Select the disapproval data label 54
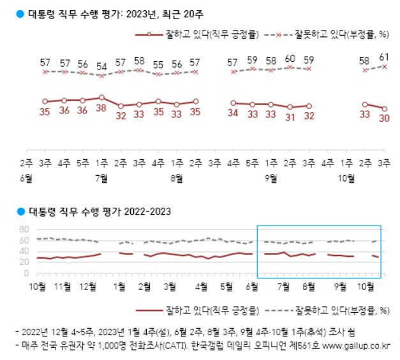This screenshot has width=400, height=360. tap(101, 66)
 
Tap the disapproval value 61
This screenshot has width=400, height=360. tap(384, 58)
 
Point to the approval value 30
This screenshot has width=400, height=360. tap(384, 119)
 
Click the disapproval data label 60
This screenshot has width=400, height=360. tap(290, 59)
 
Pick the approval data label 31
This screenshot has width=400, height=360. tap(290, 118)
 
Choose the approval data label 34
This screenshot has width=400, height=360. tap(233, 114)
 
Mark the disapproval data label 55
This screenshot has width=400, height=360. tap(158, 65)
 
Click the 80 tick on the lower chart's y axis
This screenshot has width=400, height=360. tap(25, 229)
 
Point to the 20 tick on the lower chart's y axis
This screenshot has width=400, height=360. tap(25, 262)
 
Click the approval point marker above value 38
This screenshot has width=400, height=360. tap(101, 97)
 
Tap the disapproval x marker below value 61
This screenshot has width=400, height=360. tap(384, 66)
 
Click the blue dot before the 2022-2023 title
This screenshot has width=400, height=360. tap(21, 211)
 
